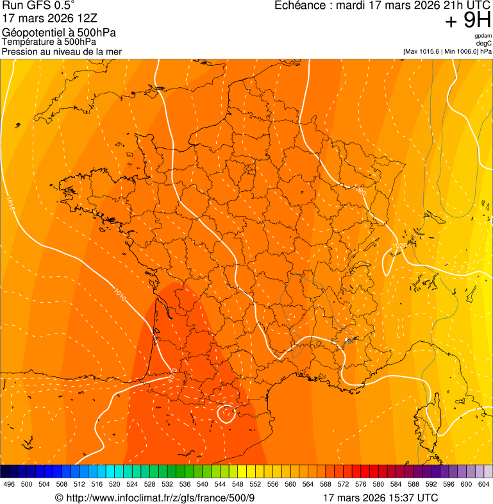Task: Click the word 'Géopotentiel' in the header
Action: click(x=31, y=33)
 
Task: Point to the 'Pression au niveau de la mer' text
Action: click(x=62, y=51)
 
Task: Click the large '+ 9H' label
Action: click(x=467, y=22)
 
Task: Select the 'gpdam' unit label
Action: click(x=483, y=37)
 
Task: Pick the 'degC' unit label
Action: click(x=484, y=44)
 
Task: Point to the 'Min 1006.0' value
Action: click(x=461, y=51)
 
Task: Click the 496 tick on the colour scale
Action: click(x=9, y=484)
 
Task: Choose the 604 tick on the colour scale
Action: click(x=484, y=484)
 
